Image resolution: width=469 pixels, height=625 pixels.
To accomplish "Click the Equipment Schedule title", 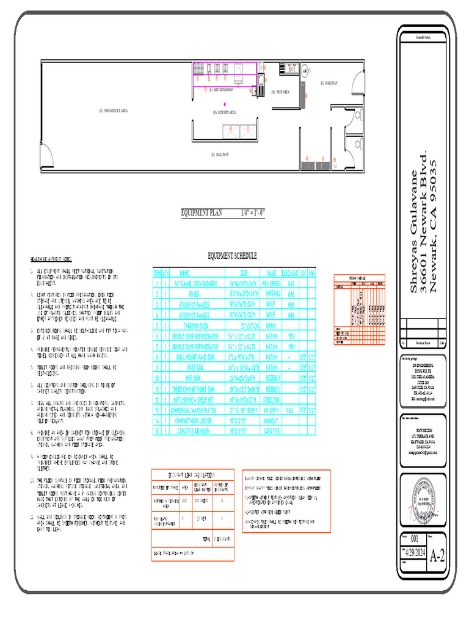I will [232, 256].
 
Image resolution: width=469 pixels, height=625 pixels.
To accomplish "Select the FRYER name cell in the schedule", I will [185, 294].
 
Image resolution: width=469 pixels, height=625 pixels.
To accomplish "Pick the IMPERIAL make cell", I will [272, 294].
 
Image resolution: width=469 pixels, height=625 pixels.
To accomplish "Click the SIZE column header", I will [243, 273].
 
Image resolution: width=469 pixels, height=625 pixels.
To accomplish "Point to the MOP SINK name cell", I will [185, 378].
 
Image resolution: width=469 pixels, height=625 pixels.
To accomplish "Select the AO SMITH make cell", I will [272, 411].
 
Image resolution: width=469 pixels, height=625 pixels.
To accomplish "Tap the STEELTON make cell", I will [272, 400].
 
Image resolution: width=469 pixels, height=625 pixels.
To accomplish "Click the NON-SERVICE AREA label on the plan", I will [113, 110].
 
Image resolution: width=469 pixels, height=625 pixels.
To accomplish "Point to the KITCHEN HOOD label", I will [220, 90].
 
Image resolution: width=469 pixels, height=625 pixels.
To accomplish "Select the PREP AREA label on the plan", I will [281, 92].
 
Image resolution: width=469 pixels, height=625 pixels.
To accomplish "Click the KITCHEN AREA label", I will [224, 112].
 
